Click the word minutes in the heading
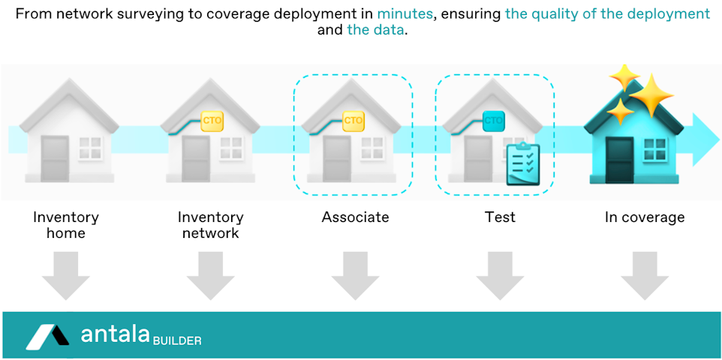[405, 14]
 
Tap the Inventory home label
[66, 225]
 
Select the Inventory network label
[210, 225]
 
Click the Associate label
[355, 217]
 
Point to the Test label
[500, 217]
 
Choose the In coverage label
[645, 217]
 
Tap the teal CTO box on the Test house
[494, 120]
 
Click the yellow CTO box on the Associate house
[353, 120]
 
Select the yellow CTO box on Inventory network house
[209, 120]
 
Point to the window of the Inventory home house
[90, 148]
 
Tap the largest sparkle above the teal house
[651, 94]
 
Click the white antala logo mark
[47, 337]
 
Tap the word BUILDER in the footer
[177, 341]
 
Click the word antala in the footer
[115, 335]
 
